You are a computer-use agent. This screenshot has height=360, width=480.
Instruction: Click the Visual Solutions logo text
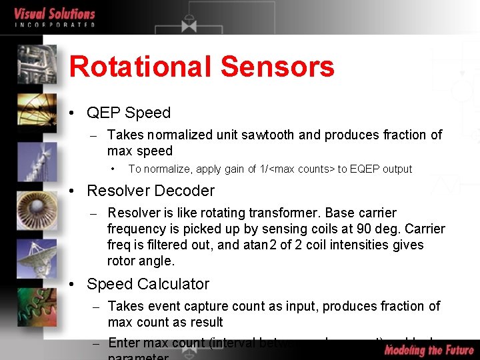(x=55, y=15)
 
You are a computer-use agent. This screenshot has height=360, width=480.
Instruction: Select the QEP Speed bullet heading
(x=129, y=113)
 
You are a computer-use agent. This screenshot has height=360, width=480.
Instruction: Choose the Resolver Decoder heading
(x=151, y=191)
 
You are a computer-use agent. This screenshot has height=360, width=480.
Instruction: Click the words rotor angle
(x=141, y=261)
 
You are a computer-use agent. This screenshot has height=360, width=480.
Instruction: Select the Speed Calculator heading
(x=148, y=284)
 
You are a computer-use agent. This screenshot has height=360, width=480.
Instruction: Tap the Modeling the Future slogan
(x=429, y=349)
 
